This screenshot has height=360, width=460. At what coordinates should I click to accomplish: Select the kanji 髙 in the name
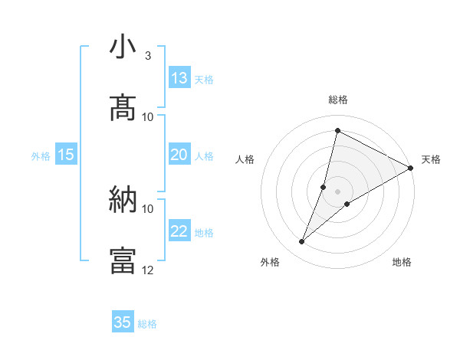click(x=123, y=108)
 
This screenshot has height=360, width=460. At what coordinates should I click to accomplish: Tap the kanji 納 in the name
click(x=123, y=200)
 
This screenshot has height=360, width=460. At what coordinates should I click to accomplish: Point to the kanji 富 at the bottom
click(x=123, y=260)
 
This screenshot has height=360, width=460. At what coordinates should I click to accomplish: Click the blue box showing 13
click(x=179, y=78)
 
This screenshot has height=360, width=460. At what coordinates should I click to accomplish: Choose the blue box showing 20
click(x=179, y=155)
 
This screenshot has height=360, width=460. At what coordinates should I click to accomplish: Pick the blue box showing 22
click(x=179, y=231)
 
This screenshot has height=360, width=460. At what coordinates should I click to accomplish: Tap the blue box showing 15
click(x=66, y=155)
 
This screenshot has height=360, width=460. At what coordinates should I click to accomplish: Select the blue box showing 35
click(x=123, y=322)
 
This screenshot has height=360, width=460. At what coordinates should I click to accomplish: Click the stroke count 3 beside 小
click(x=147, y=56)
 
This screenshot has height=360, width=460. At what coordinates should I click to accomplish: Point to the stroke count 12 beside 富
click(x=148, y=270)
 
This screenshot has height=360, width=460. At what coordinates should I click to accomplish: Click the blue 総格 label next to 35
click(x=147, y=324)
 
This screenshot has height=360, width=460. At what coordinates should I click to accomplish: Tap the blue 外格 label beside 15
click(x=41, y=156)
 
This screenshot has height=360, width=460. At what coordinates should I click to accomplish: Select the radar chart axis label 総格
click(x=337, y=100)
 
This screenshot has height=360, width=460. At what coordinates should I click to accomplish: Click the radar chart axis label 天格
click(x=431, y=159)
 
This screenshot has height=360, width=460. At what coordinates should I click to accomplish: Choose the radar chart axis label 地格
click(x=402, y=262)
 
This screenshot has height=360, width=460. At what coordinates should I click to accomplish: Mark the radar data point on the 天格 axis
click(x=411, y=168)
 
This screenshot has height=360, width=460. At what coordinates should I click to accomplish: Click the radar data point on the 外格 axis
click(x=302, y=242)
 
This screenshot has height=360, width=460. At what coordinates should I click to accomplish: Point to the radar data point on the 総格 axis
click(x=337, y=130)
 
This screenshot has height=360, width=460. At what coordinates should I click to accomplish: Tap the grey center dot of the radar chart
click(x=337, y=191)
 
